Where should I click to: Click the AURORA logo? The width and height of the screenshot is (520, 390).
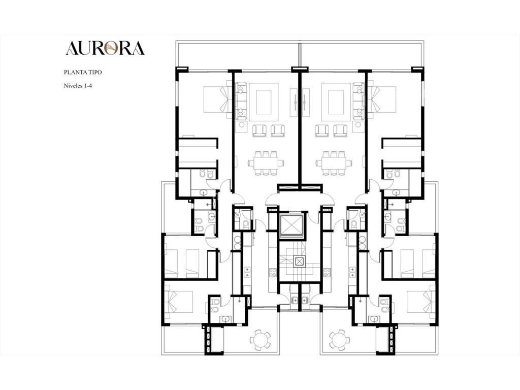(x=105, y=48)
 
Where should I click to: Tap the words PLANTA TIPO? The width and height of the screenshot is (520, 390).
(x=83, y=72)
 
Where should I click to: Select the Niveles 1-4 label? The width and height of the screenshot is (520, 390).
(x=78, y=86)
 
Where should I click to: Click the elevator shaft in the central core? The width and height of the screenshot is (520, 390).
(x=291, y=226)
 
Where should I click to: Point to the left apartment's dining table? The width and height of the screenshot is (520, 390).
(x=266, y=163)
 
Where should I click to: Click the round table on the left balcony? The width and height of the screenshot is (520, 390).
(x=261, y=339)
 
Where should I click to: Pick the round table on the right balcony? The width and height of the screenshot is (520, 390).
(x=339, y=339)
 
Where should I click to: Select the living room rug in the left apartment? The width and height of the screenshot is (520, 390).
(x=264, y=102)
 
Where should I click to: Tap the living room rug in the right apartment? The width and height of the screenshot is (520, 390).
(x=336, y=102)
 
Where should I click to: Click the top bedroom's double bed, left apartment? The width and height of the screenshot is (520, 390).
(x=215, y=100)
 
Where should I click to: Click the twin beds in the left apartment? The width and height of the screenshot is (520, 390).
(x=182, y=264)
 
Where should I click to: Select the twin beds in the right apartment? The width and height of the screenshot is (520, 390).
(x=418, y=264)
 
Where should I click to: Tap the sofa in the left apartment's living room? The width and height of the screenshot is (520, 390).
(x=241, y=101)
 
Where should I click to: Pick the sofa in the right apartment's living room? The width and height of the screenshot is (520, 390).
(x=359, y=101)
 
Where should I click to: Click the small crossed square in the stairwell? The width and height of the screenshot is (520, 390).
(x=299, y=262)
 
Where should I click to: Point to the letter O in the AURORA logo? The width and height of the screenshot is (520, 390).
(x=110, y=48)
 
